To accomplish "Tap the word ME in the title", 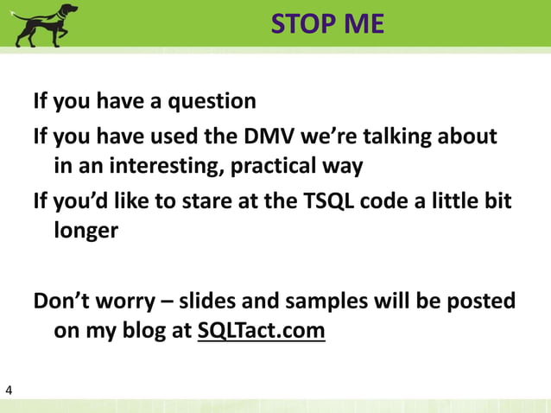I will click(x=363, y=24).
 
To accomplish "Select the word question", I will click(x=212, y=102).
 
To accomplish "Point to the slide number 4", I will click(x=9, y=392).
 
